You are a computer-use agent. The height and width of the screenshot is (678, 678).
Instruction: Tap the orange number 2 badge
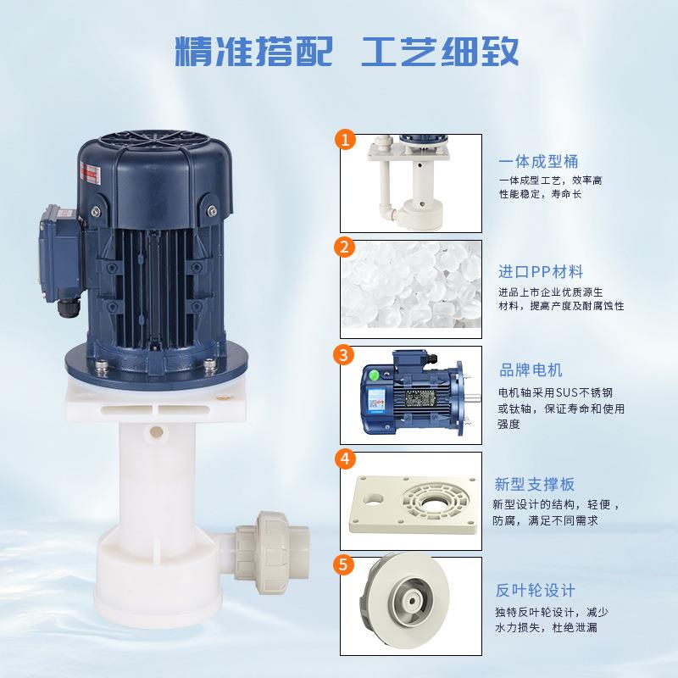coord(344,247)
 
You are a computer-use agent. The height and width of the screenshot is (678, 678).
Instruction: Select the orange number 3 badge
coord(344,353)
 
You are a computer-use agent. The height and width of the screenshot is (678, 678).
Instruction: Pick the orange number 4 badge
coord(344,459)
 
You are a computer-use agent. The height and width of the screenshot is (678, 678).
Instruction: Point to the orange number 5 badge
coord(344,564)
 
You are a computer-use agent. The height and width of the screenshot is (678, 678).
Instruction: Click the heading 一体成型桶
coord(538,162)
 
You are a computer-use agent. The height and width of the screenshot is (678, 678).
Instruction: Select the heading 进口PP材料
coord(540,272)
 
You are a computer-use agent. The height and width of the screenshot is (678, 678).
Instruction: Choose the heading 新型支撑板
coord(535,485)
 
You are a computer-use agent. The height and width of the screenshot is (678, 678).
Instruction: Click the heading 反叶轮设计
coord(535,591)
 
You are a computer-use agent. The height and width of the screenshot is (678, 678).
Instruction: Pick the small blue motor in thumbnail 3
coord(411,394)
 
